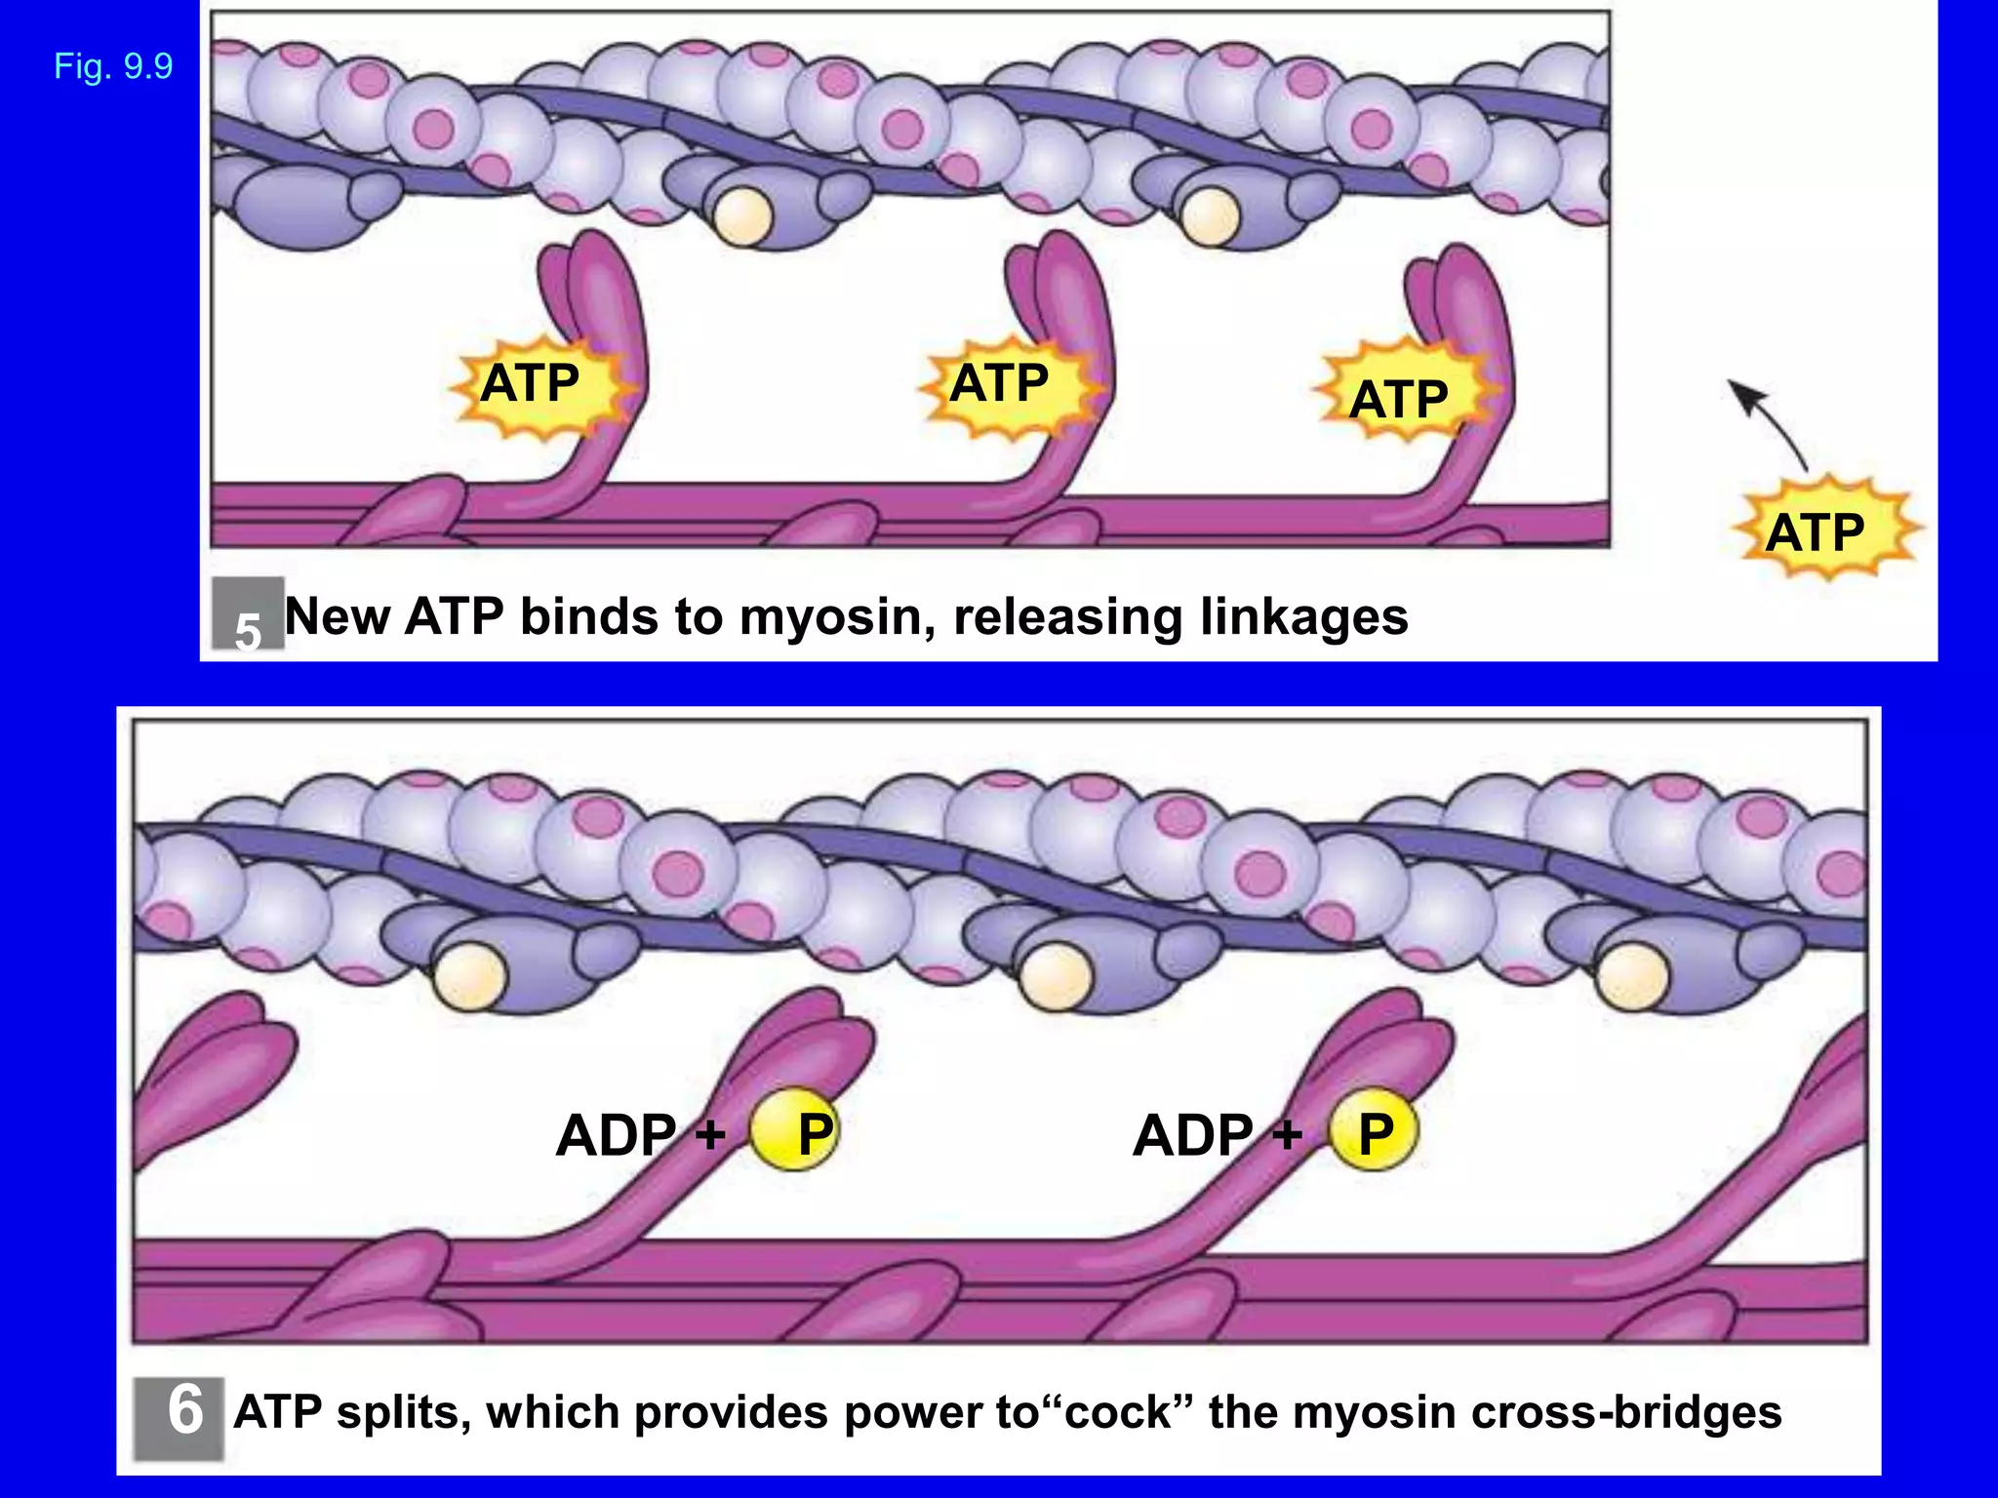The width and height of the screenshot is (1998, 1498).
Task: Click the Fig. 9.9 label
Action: click(113, 66)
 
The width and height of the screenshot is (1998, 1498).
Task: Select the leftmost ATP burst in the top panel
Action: click(535, 384)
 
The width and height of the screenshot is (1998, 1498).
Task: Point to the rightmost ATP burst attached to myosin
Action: click(1401, 398)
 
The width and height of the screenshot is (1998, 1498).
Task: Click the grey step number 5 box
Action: click(248, 614)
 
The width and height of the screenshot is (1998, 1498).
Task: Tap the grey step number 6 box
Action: click(180, 1417)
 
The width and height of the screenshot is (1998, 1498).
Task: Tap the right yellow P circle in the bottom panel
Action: click(1374, 1131)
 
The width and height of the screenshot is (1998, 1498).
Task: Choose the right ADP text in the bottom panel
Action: click(1193, 1135)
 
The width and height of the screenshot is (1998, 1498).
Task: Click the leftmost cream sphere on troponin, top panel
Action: click(742, 217)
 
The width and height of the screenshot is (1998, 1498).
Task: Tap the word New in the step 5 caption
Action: click(337, 617)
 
